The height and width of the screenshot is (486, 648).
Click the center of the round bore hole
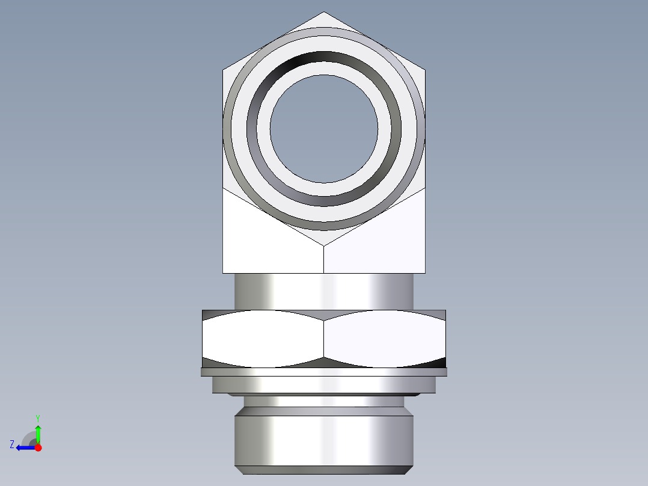pos(324,128)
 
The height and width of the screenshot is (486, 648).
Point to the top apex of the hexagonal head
pos(324,12)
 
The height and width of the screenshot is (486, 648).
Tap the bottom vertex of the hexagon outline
pos(324,245)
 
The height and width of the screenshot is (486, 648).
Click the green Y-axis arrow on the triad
pos(38,431)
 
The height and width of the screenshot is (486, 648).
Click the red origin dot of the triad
pos(38,448)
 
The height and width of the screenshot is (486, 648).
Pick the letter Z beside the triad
pos(12,444)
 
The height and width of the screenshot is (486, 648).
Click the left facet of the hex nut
pos(263,339)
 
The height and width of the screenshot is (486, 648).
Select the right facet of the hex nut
pos(385,339)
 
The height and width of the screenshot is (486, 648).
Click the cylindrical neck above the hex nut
pos(324,292)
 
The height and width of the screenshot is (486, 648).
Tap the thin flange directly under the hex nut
pos(324,372)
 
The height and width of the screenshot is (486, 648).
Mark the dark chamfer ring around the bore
pos(324,61)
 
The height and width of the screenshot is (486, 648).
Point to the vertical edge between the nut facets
pos(324,340)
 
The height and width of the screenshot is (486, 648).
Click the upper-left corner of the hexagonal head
pos(223,70)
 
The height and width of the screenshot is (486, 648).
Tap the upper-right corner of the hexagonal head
pos(426,70)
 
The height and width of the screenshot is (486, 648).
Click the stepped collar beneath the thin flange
pos(324,385)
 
